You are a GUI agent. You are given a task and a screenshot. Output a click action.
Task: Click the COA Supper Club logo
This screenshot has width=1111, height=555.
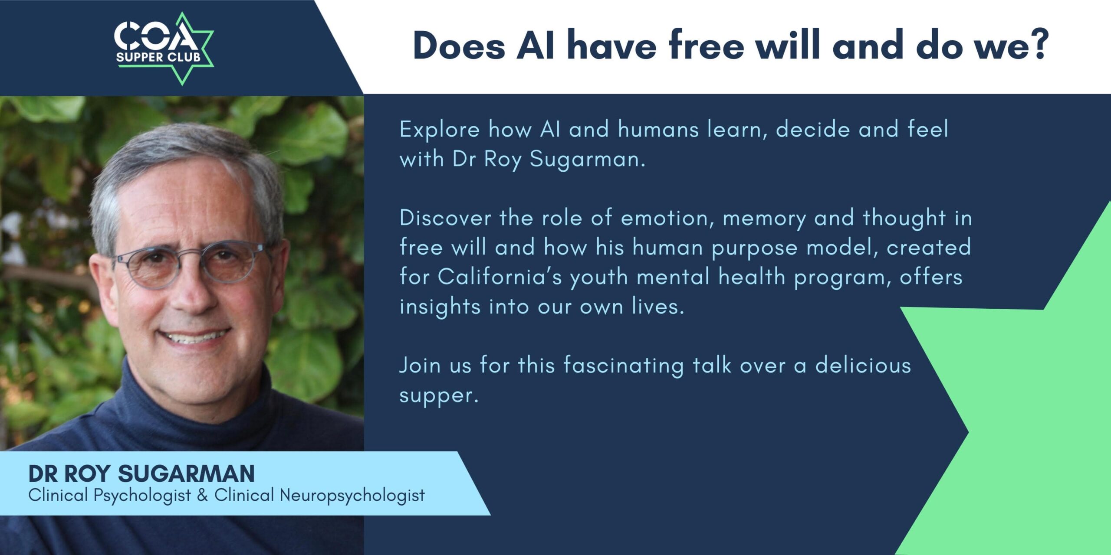164,49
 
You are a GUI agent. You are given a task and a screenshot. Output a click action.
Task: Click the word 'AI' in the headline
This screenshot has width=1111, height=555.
535,45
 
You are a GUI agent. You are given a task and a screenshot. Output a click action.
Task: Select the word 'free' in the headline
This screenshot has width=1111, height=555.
707,44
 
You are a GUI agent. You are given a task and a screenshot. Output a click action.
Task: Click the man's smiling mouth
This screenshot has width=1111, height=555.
194,335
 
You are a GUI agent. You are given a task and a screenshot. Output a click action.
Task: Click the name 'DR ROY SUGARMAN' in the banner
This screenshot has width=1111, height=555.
141,473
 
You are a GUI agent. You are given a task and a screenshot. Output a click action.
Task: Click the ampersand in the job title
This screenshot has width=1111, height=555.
202,495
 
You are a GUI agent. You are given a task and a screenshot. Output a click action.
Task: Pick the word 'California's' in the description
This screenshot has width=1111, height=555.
500,277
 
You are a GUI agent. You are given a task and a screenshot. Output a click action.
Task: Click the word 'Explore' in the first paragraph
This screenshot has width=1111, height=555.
440,130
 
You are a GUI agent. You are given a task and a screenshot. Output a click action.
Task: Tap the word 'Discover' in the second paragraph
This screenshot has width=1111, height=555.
445,218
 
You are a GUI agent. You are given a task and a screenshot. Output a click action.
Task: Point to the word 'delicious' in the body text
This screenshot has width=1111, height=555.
863,365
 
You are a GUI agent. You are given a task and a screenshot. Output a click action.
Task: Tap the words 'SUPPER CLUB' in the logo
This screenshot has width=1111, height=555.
158,57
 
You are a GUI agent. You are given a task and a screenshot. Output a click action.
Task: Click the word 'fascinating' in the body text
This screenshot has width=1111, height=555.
624,366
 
